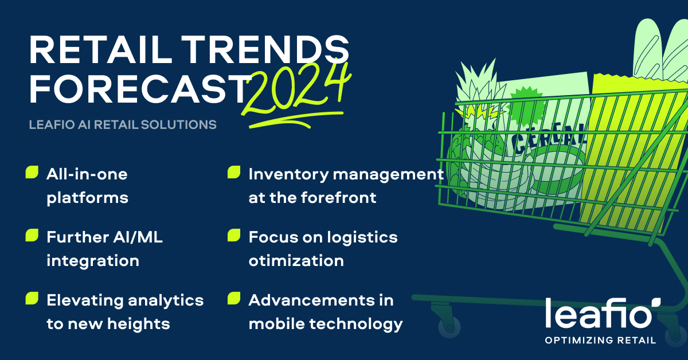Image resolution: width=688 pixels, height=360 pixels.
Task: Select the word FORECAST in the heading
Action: (139, 88)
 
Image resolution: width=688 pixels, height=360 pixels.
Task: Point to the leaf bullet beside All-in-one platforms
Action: (32, 172)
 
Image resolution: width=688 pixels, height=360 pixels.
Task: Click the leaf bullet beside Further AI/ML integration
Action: (32, 235)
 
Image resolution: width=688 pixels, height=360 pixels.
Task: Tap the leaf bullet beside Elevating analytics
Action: (32, 298)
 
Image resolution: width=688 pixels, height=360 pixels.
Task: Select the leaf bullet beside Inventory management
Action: (234, 172)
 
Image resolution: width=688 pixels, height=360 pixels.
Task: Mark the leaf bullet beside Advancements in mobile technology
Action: (234, 298)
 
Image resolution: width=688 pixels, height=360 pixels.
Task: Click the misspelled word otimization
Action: (296, 261)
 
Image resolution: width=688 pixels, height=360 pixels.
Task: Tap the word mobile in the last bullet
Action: (280, 324)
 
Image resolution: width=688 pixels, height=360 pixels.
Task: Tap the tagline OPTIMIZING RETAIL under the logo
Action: (601, 341)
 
